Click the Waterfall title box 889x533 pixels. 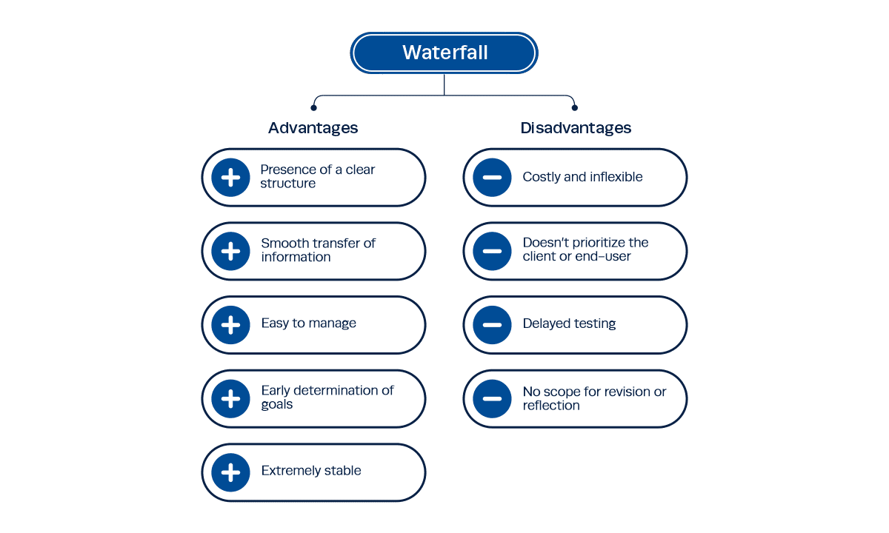click(x=444, y=53)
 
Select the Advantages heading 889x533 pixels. click(x=313, y=128)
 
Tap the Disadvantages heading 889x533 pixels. click(x=576, y=128)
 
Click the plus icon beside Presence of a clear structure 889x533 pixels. click(x=230, y=177)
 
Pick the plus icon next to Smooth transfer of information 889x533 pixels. click(x=230, y=251)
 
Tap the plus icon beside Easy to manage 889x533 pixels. click(x=230, y=324)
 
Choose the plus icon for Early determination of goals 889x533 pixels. click(x=230, y=398)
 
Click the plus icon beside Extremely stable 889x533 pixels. click(x=230, y=472)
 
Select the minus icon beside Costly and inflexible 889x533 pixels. click(x=492, y=177)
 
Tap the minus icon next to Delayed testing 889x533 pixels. click(x=492, y=324)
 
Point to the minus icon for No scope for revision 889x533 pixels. click(x=492, y=398)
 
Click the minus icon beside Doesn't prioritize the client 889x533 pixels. click(x=492, y=251)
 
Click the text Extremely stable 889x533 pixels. click(x=311, y=471)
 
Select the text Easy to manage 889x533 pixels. click(x=308, y=324)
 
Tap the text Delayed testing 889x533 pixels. click(x=569, y=324)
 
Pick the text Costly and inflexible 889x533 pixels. click(x=582, y=177)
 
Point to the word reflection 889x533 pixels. click(x=551, y=406)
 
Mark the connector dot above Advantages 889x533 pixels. click(x=313, y=107)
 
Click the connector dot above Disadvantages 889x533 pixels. click(x=575, y=107)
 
